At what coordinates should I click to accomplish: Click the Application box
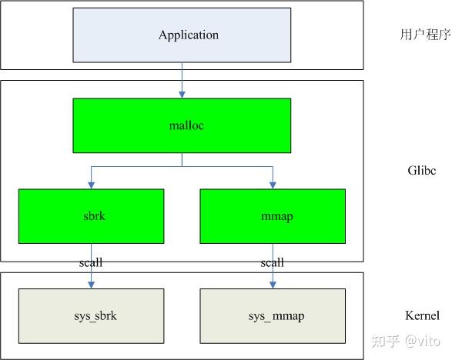tap(182, 35)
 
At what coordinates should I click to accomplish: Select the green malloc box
tap(182, 125)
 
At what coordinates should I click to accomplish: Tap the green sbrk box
tap(92, 216)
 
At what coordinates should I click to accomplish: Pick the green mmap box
tap(272, 216)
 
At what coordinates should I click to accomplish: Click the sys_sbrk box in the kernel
tap(92, 316)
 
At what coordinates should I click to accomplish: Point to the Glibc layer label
tap(420, 171)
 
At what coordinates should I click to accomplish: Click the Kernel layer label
tap(422, 315)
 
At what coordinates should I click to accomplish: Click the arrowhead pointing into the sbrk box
tap(92, 185)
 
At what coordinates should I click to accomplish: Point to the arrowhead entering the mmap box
tap(272, 185)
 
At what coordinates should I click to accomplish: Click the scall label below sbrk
tap(91, 262)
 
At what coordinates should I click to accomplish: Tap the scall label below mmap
tap(272, 262)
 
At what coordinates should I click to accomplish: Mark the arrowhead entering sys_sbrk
tap(92, 285)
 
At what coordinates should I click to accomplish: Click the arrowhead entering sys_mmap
tap(272, 285)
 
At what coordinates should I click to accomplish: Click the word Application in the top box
tap(189, 35)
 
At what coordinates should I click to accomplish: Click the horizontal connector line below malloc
tap(182, 165)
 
